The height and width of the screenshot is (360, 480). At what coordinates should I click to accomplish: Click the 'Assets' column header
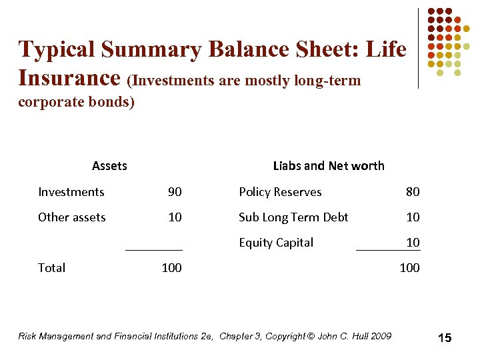(x=109, y=166)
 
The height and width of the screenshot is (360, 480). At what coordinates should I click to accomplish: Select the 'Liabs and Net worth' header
(x=329, y=166)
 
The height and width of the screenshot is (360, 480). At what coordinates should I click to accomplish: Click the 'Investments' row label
(x=71, y=192)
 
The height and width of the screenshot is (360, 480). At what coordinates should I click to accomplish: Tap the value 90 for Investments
(x=175, y=192)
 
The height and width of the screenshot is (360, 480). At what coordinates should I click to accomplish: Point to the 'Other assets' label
(x=72, y=217)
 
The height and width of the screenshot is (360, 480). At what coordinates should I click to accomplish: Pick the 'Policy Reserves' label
(x=280, y=192)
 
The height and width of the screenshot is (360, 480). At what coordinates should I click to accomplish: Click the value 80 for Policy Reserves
(x=413, y=192)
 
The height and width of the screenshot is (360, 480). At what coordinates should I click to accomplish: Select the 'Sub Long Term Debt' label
(x=293, y=217)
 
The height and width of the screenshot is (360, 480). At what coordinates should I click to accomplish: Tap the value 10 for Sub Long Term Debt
(x=413, y=217)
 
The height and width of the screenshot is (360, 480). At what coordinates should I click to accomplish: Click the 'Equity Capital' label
(x=276, y=243)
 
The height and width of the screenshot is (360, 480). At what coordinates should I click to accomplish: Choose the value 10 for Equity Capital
(x=413, y=243)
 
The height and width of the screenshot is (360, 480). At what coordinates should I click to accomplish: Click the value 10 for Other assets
(x=175, y=217)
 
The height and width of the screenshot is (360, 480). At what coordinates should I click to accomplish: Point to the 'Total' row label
(x=51, y=268)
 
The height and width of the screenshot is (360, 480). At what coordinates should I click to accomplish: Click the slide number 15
(x=445, y=338)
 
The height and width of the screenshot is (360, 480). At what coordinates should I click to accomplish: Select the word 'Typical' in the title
(x=57, y=49)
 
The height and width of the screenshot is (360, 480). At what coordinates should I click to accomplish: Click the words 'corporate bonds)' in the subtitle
(x=76, y=103)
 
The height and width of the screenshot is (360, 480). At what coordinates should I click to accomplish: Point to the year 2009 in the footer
(x=381, y=336)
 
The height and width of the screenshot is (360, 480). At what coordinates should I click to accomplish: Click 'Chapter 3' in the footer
(x=240, y=336)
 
